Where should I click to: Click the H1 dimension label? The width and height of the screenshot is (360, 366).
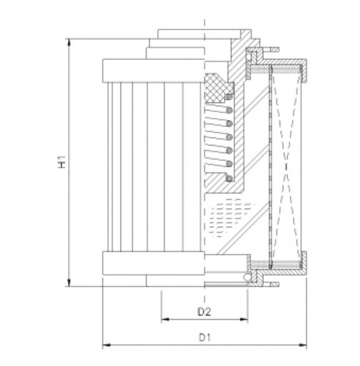(x=61, y=163)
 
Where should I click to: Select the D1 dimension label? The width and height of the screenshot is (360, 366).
(x=203, y=338)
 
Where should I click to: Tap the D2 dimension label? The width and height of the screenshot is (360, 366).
(x=203, y=311)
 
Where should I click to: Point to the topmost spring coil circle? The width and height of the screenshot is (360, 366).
(x=229, y=97)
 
